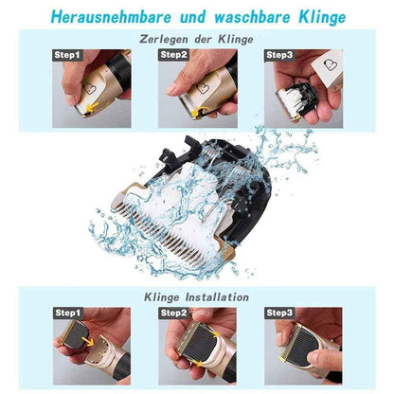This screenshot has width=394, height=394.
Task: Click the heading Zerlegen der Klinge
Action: point(196,39)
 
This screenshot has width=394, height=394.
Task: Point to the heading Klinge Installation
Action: point(196,296)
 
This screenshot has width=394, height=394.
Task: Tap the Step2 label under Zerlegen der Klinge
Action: point(173,55)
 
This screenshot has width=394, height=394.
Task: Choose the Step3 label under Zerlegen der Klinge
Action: point(280,55)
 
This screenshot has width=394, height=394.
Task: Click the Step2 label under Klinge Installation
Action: point(175,312)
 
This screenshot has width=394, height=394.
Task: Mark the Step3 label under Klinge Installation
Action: point(280,312)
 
